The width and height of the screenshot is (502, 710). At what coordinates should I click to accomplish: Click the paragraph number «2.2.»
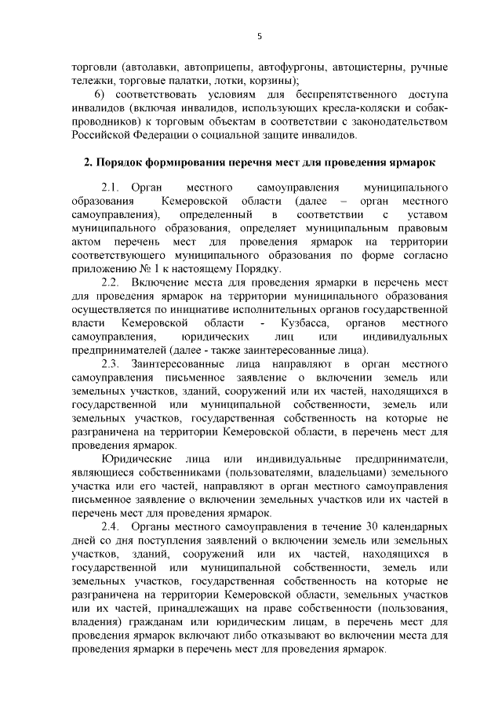(114, 282)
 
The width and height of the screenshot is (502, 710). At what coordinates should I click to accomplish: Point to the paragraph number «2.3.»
(114, 362)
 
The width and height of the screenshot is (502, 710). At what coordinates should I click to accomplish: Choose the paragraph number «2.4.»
(114, 525)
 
